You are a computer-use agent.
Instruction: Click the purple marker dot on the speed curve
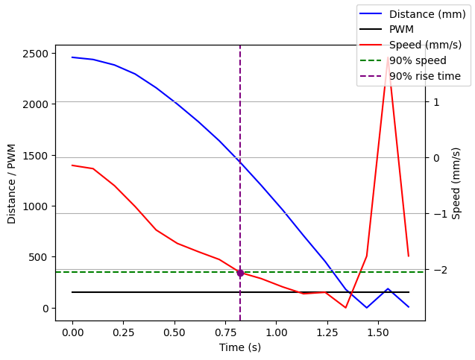[x=240, y=273]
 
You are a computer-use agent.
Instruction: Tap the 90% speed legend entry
[x=418, y=60]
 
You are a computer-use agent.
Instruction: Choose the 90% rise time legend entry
[x=424, y=76]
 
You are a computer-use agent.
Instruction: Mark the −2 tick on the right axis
[x=437, y=270]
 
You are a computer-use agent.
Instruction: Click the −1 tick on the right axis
[x=437, y=214]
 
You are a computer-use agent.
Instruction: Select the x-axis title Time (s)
[x=240, y=347]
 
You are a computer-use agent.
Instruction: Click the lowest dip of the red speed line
[x=345, y=307]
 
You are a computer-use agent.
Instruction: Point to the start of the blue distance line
[x=72, y=57]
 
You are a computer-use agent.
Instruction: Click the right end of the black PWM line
[x=409, y=292]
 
